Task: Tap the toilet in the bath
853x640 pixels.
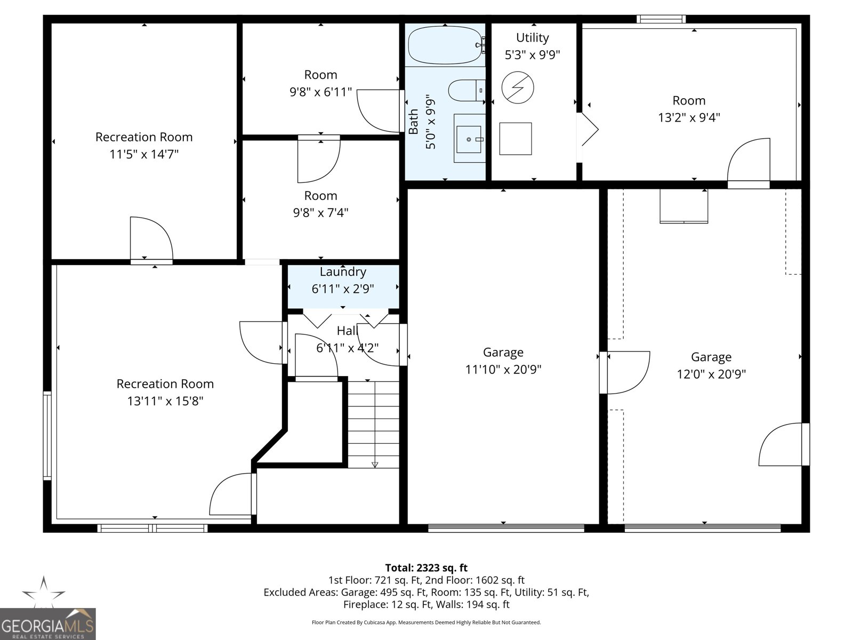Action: click(465, 90)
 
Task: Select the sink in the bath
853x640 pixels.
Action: click(470, 139)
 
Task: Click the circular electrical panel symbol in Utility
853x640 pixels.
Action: click(518, 87)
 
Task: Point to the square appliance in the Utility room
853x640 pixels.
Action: click(516, 139)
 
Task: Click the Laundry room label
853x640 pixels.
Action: click(343, 272)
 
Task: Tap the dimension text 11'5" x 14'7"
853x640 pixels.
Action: click(144, 154)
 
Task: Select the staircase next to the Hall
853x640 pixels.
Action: click(374, 424)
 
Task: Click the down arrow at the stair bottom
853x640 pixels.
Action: click(375, 465)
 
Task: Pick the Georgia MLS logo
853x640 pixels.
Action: click(47, 625)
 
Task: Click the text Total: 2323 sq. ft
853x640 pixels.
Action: click(426, 568)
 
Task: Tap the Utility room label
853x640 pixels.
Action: click(532, 38)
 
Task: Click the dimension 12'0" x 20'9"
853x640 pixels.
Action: click(711, 374)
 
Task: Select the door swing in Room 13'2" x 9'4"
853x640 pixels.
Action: click(749, 160)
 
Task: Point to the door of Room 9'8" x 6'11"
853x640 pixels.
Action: click(379, 111)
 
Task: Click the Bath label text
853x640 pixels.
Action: click(413, 122)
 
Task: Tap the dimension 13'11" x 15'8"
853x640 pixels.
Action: click(165, 401)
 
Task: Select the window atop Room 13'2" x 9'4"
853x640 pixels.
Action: click(661, 19)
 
